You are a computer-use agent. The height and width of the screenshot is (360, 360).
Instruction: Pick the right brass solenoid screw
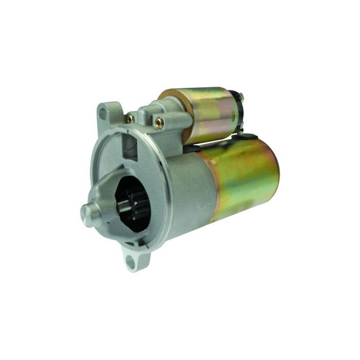click(x=159, y=122)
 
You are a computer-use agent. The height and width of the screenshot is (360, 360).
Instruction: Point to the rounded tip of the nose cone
click(x=85, y=212)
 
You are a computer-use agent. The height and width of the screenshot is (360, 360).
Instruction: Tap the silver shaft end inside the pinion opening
click(x=122, y=205)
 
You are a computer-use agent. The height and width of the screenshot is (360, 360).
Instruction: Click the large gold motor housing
click(x=242, y=177)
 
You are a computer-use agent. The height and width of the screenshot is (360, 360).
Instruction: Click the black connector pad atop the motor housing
click(x=249, y=136)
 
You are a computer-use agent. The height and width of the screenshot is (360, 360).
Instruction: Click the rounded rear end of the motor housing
click(x=275, y=170)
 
